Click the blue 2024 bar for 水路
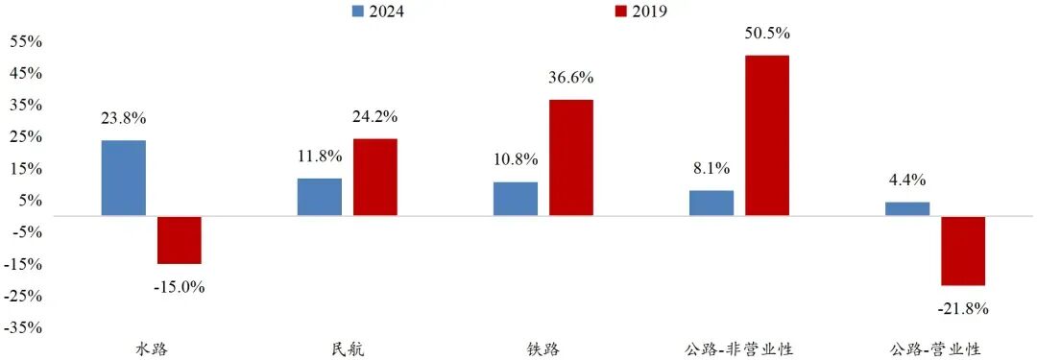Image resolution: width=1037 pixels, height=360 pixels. pyautogui.click(x=124, y=178)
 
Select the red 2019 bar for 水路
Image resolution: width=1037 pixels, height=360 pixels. pyautogui.click(x=180, y=240)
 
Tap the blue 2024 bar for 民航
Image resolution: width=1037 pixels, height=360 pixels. pyautogui.click(x=320, y=197)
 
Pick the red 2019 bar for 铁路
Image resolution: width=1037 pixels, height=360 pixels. pyautogui.click(x=571, y=157)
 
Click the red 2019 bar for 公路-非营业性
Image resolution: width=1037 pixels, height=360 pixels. pyautogui.click(x=767, y=135)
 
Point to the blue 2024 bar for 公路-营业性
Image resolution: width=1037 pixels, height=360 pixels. pyautogui.click(x=907, y=208)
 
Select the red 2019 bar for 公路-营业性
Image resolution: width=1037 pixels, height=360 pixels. pyautogui.click(x=963, y=251)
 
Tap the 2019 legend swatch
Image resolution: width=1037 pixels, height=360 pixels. pyautogui.click(x=619, y=12)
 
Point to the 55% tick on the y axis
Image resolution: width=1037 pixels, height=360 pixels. pyautogui.click(x=26, y=41)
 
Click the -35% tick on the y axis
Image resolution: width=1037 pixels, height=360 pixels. pyautogui.click(x=24, y=327)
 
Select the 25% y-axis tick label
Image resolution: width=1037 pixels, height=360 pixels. pyautogui.click(x=26, y=136)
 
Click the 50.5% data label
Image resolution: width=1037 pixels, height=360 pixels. pyautogui.click(x=767, y=34)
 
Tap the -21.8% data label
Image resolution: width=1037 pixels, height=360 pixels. pyautogui.click(x=963, y=308)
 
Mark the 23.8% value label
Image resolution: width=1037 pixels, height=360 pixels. pyautogui.click(x=124, y=119)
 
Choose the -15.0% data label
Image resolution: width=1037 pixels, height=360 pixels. pyautogui.click(x=180, y=286)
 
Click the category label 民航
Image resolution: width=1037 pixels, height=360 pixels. pyautogui.click(x=347, y=348)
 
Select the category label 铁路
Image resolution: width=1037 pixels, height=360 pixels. pyautogui.click(x=543, y=348)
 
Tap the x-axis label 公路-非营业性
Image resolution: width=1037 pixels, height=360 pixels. pyautogui.click(x=739, y=348)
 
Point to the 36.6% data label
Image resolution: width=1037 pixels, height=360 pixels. pyautogui.click(x=571, y=78)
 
